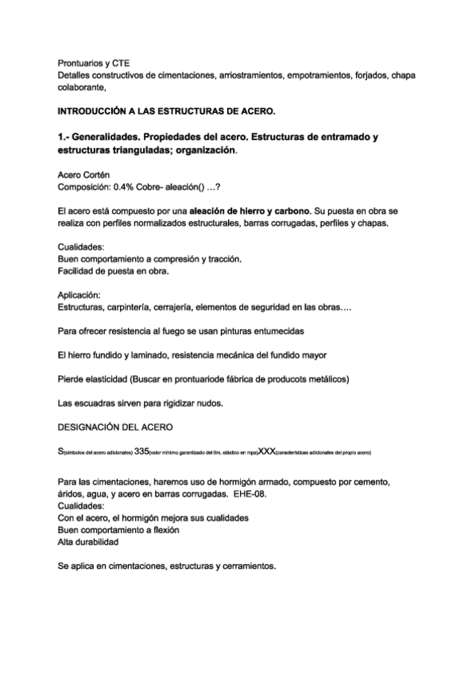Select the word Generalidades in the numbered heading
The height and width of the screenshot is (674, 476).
(110, 137)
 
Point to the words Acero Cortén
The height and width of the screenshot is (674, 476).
(84, 173)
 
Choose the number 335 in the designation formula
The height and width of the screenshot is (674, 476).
(142, 451)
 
